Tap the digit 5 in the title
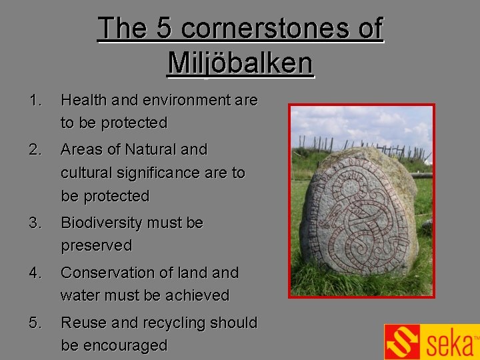tap(164, 29)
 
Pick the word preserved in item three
tap(97, 246)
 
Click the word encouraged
tap(114, 346)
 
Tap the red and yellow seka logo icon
tap(403, 342)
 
